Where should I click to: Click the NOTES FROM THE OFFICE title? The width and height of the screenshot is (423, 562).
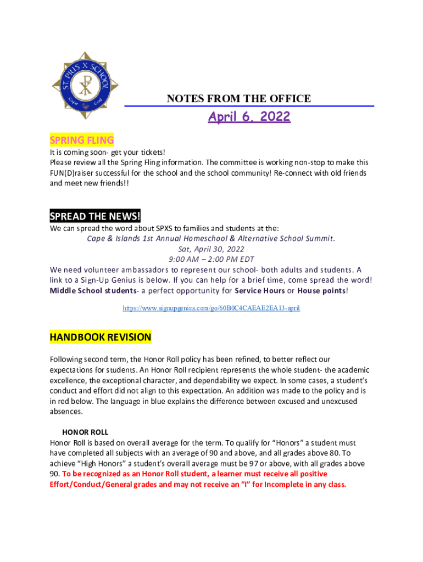pos(238,99)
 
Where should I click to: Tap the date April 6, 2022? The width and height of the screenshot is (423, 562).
pos(249,117)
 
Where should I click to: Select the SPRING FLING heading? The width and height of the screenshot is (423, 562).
pos(82,140)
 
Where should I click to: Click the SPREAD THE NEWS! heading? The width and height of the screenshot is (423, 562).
pos(95,216)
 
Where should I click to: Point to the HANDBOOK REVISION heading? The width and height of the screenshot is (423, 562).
pos(101,337)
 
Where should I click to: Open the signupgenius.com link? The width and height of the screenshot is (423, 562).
pos(211,308)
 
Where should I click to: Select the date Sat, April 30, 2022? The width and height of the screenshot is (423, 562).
pos(211,249)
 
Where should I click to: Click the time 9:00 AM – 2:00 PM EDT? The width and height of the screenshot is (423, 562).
pos(211,259)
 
